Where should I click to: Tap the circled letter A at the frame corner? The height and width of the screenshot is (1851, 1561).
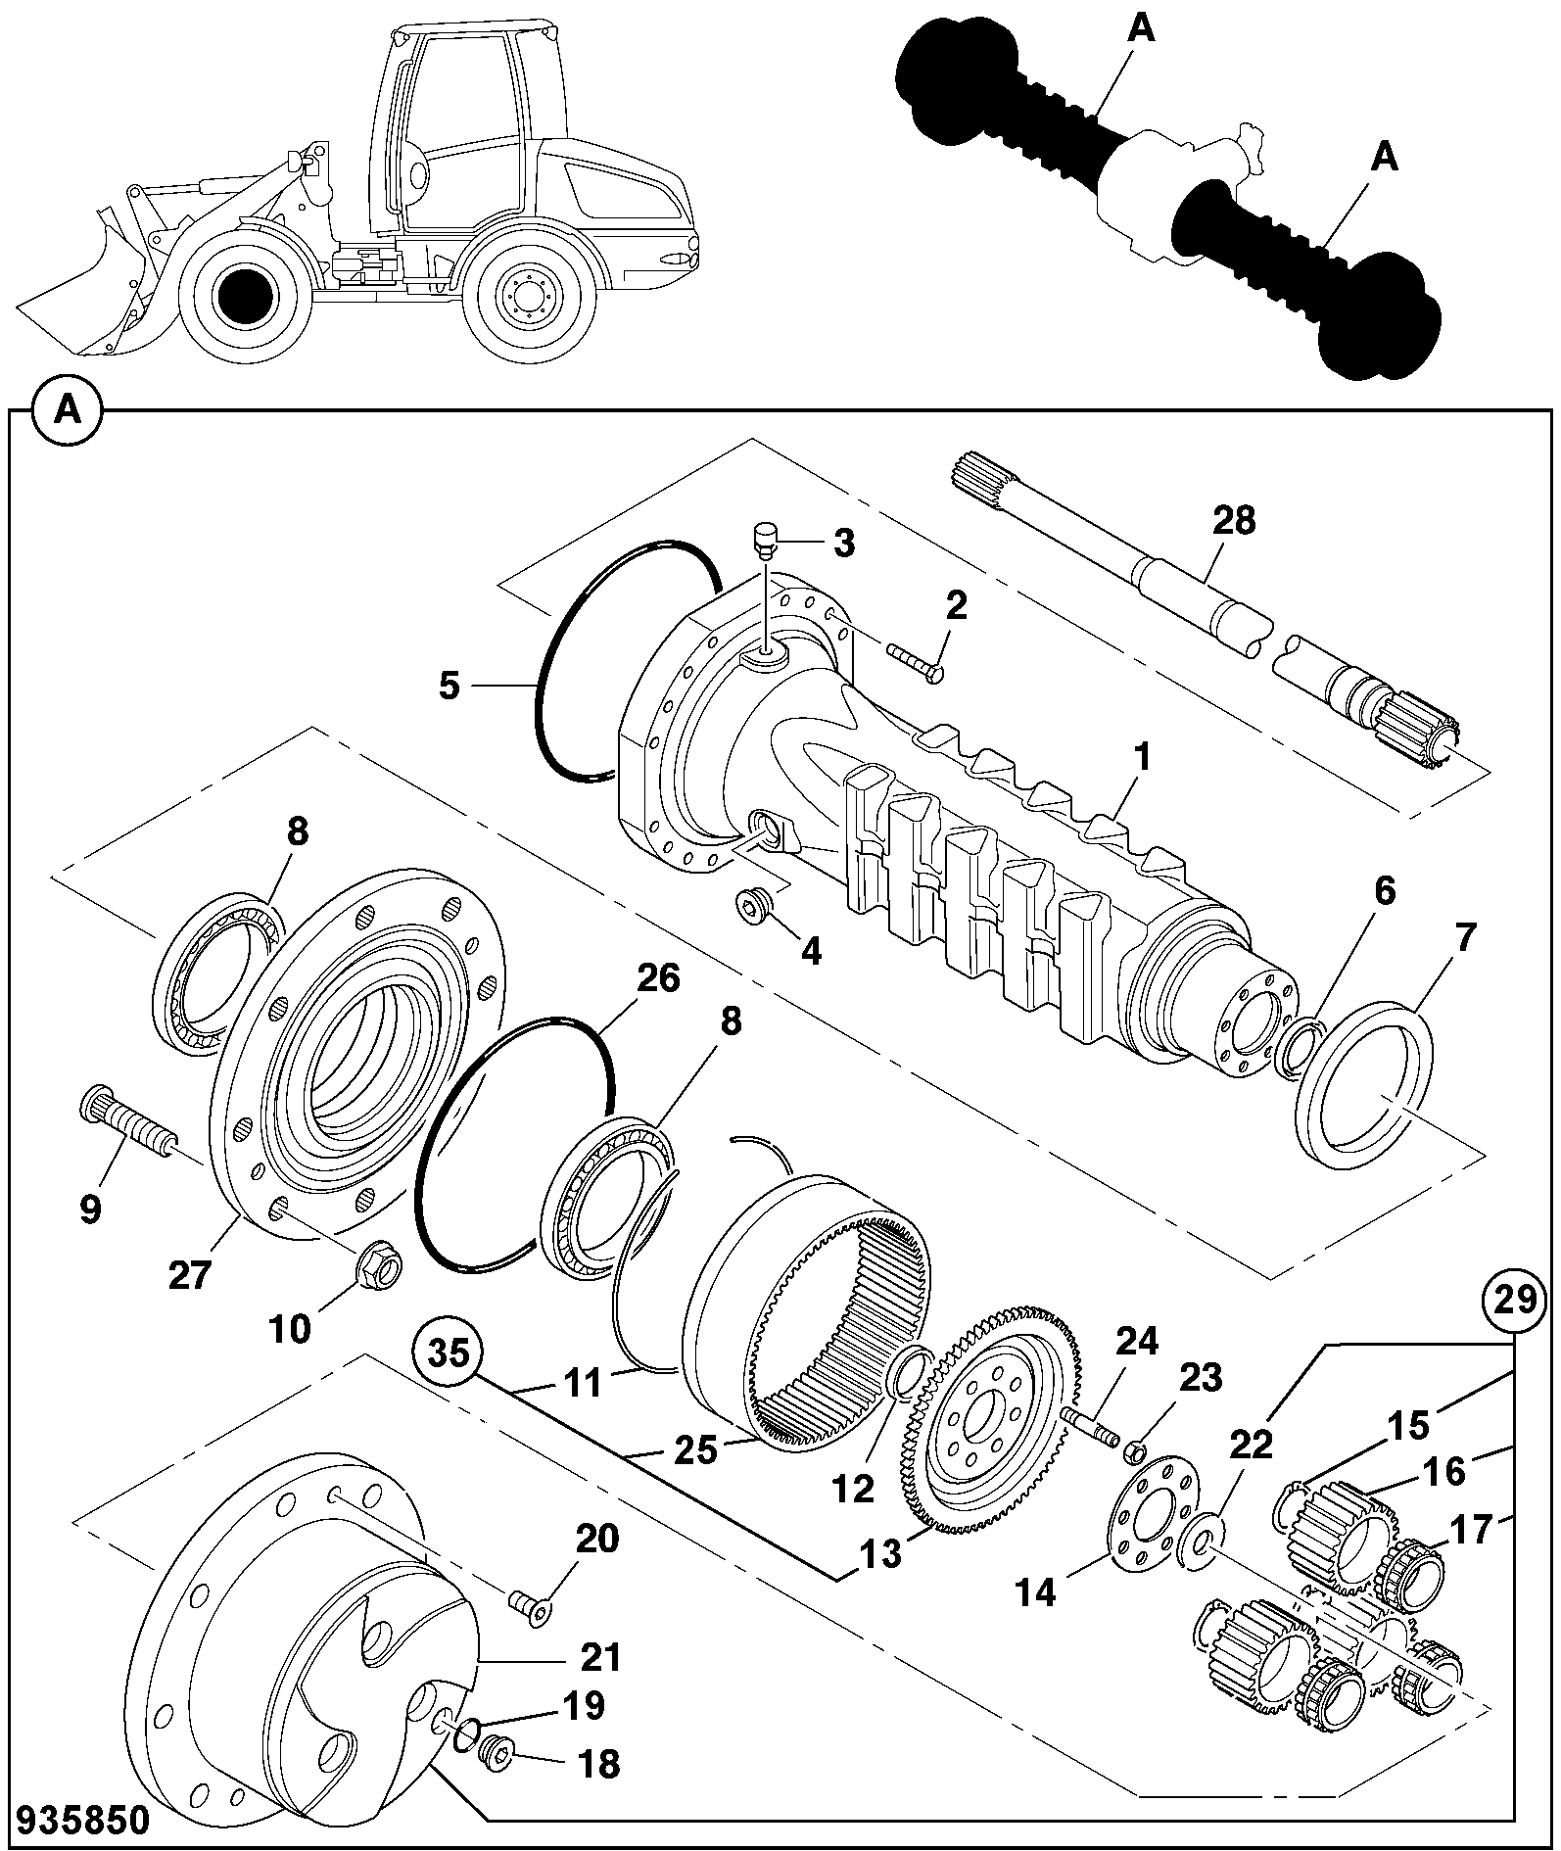[x=67, y=407]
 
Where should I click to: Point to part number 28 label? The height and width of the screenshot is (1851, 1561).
[x=1233, y=521]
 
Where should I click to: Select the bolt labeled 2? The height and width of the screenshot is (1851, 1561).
[x=914, y=660]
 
